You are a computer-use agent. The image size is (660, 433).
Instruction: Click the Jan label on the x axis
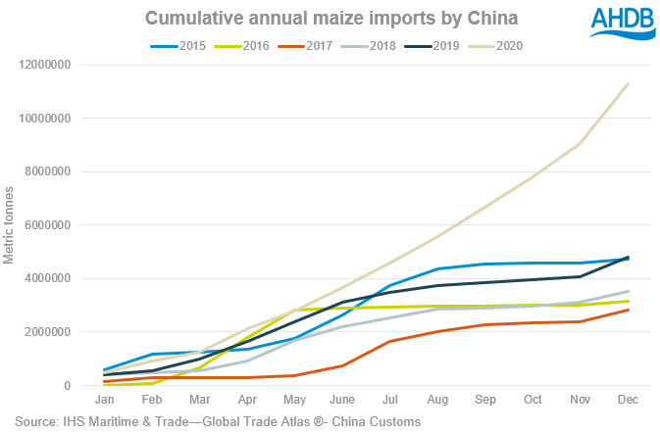click(x=104, y=401)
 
